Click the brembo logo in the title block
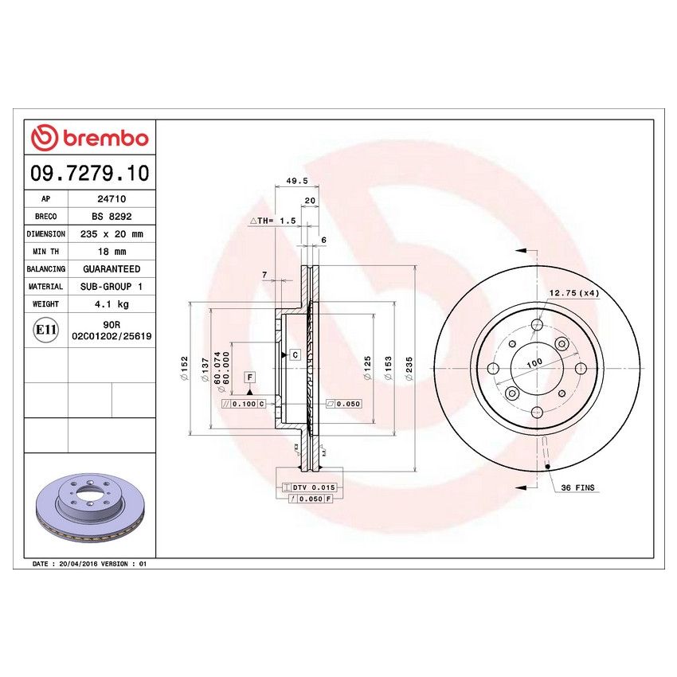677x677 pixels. coord(89,138)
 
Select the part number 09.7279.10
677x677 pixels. coord(89,172)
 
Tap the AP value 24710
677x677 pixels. coord(112,200)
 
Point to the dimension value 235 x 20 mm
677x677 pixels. coord(112,234)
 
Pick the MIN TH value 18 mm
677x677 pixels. coord(112,252)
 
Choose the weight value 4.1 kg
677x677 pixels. coord(112,304)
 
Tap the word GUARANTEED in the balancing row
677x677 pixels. coord(112,269)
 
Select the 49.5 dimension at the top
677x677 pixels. coord(296,181)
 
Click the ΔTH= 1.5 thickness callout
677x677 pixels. coord(273,220)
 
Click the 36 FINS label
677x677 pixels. coord(578,487)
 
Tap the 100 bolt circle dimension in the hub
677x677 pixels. coord(534,362)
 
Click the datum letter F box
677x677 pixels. coord(249,376)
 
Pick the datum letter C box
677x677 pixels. coord(295,354)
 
